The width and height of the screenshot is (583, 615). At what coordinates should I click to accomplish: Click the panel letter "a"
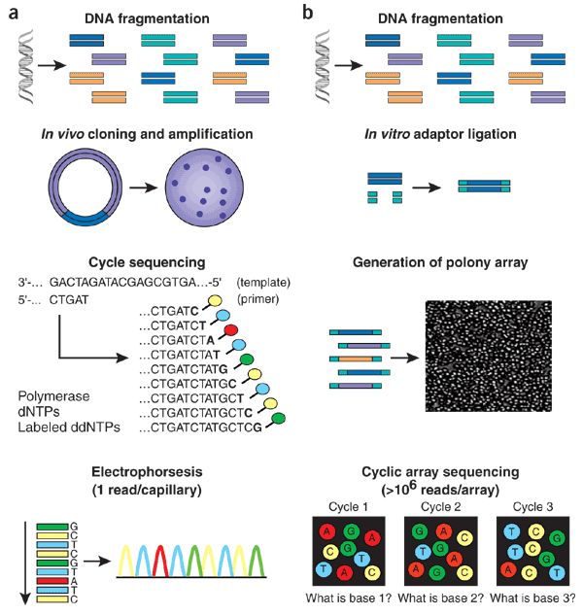pyautogui.click(x=13, y=13)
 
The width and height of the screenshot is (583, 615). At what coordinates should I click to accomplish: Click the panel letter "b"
pyautogui.click(x=307, y=13)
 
